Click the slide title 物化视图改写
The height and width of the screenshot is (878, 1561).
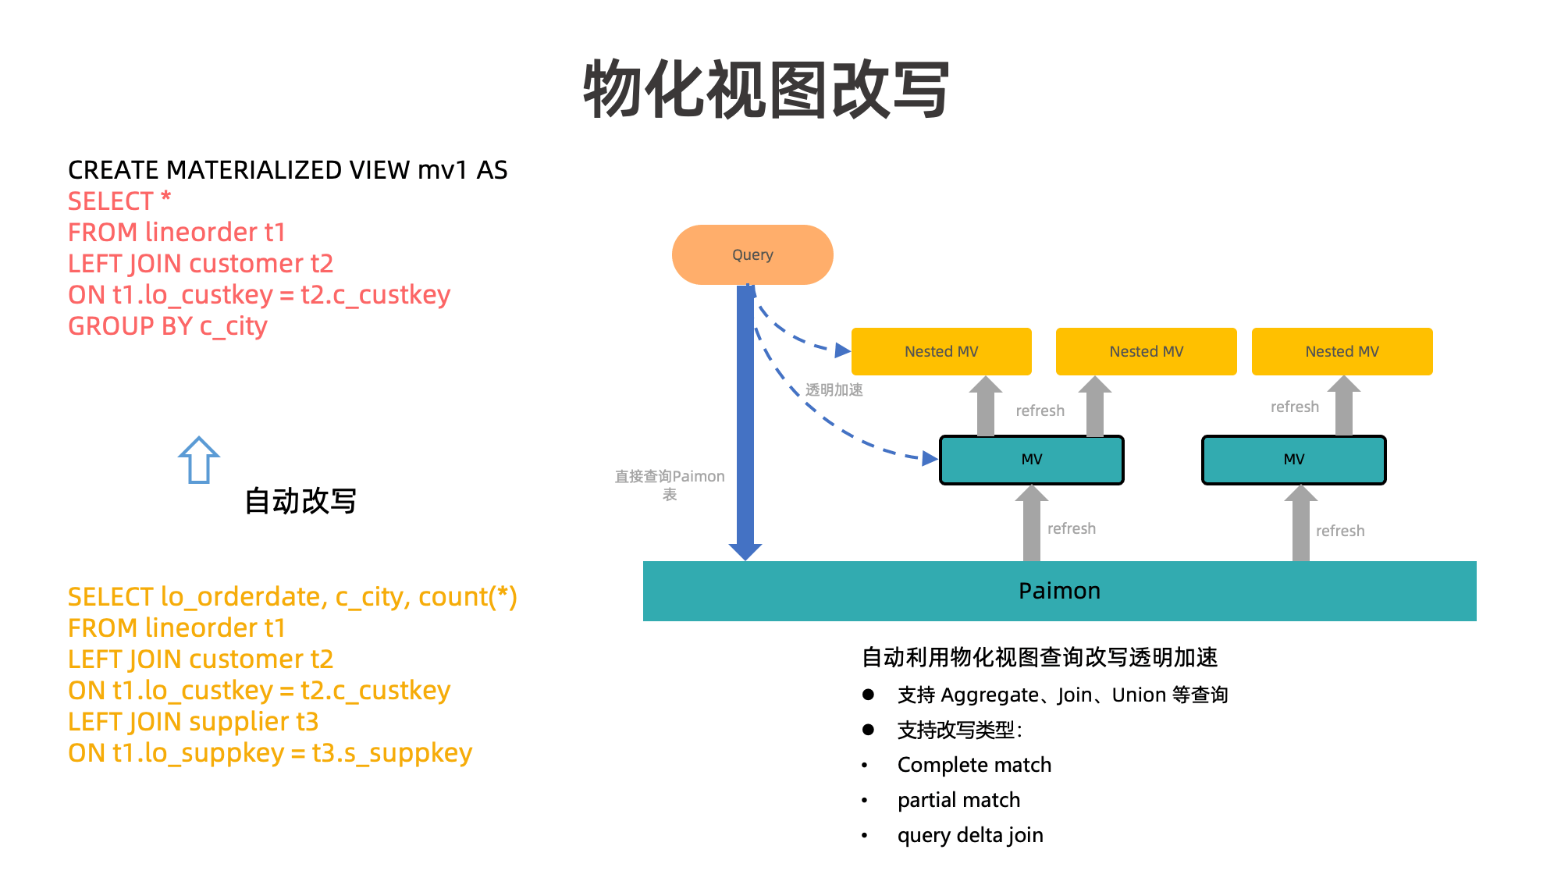[766, 90]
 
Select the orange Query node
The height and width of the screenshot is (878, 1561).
[752, 255]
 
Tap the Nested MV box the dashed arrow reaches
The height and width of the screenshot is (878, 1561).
[941, 352]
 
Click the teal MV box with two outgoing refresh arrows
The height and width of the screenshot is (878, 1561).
[1031, 460]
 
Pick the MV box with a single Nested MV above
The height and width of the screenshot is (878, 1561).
[1293, 460]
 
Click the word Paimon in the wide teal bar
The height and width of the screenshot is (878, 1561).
[1059, 591]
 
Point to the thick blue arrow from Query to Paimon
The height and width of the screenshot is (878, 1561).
[745, 421]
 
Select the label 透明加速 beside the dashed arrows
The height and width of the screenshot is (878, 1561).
[834, 389]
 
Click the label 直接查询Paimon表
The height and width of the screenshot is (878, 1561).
[670, 485]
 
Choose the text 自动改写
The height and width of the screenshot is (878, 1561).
[300, 501]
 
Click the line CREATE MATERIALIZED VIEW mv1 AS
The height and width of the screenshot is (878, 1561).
[287, 170]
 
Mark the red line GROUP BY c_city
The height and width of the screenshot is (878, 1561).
[168, 326]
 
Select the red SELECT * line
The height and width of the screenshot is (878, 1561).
[119, 201]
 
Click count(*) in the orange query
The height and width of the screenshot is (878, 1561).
[468, 597]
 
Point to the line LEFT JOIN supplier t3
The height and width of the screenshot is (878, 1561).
[193, 722]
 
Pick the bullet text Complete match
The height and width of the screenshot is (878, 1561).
[974, 765]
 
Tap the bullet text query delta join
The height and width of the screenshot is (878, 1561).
[970, 835]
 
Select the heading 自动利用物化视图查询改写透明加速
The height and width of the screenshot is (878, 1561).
[1040, 657]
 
